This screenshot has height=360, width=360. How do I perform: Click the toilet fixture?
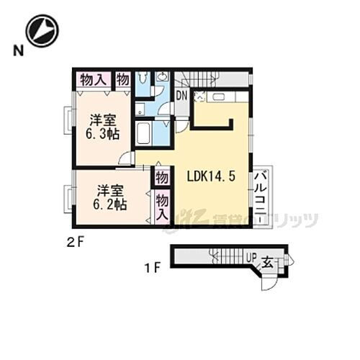[143, 78]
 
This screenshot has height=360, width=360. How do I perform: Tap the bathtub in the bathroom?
[143, 132]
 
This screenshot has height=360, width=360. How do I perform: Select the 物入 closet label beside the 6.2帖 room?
[162, 206]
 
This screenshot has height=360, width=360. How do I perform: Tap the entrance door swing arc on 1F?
[268, 282]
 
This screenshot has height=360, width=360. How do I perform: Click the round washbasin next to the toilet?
[163, 77]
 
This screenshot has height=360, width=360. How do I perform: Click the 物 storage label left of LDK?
[162, 176]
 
